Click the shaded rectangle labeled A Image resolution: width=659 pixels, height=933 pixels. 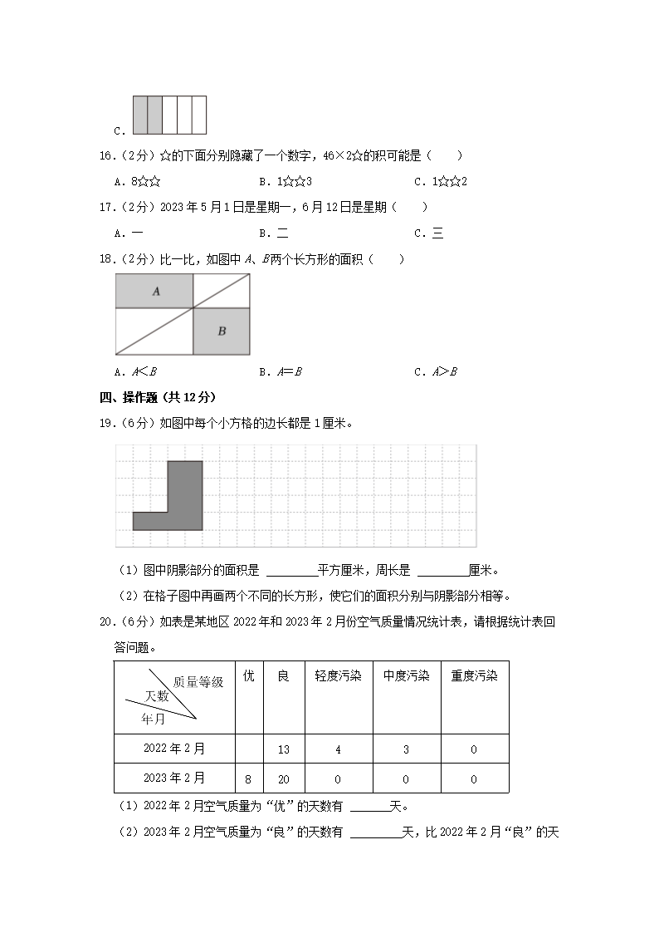coord(154,291)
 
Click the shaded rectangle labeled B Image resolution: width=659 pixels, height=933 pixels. coord(222,331)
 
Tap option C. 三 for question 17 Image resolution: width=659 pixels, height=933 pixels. coord(432,233)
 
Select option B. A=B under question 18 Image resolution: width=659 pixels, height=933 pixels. coord(280,371)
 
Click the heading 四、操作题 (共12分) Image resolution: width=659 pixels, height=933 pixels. coord(158,397)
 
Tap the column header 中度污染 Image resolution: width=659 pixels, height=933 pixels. coord(406,676)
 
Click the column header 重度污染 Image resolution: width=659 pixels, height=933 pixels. coord(474,676)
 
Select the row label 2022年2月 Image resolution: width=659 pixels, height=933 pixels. coord(174,749)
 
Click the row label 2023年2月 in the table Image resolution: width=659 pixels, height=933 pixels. coord(174,778)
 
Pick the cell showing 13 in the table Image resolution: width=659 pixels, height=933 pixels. coord(284,749)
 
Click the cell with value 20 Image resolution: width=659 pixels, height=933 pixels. coord(284,779)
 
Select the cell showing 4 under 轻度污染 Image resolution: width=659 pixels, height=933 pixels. coord(338,749)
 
